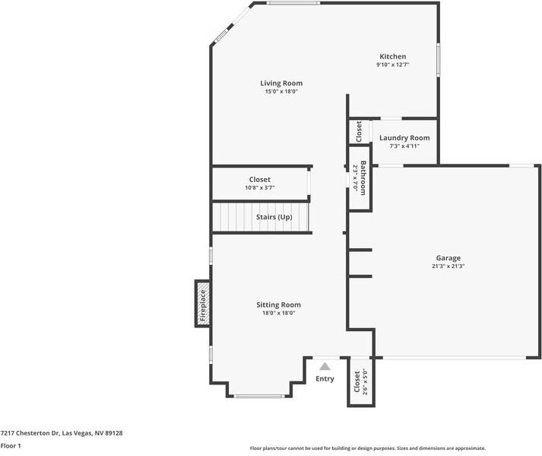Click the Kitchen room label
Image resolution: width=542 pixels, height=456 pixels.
[x=393, y=56]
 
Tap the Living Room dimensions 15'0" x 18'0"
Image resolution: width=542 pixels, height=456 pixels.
[x=281, y=91]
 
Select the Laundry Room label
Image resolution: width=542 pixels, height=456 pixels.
[x=404, y=138]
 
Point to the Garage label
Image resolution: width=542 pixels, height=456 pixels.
[x=448, y=258]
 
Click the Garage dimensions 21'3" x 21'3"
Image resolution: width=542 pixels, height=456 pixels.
[x=448, y=266]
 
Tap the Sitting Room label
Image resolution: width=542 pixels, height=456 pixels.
[x=278, y=305]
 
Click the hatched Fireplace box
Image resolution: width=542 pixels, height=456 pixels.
[x=203, y=304]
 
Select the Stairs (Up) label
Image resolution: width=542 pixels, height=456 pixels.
[x=274, y=217]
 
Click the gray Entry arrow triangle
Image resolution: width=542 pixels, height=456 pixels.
[x=325, y=366]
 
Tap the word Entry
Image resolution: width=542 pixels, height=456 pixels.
[x=325, y=378]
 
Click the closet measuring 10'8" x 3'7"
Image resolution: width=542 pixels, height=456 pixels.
[x=259, y=183]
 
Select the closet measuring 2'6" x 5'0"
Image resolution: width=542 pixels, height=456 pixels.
[x=361, y=382]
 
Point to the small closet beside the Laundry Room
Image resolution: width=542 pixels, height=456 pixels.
[x=359, y=132]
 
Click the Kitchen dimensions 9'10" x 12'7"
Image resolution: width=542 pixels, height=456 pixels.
[x=393, y=65]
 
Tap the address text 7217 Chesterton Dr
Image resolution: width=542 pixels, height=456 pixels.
[x=30, y=433]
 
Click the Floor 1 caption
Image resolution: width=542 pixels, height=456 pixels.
[x=11, y=445]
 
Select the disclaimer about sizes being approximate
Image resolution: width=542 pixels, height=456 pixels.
[x=368, y=448]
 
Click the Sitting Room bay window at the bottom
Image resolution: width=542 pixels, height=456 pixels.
[x=259, y=396]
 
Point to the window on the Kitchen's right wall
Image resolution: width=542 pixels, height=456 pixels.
[x=439, y=59]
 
